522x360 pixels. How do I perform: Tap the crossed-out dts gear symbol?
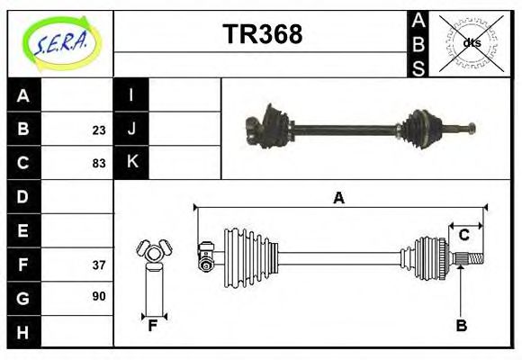click(x=471, y=42)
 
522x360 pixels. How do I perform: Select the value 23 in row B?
click(x=98, y=130)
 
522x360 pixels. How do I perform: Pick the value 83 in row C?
click(x=98, y=164)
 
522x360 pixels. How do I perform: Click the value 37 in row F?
click(x=98, y=265)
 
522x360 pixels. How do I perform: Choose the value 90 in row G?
click(x=98, y=296)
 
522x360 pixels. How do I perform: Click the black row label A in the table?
click(x=23, y=96)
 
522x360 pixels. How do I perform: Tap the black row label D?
click(x=23, y=197)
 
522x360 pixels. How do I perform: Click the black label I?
click(x=131, y=96)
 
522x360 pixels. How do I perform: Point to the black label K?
click(x=131, y=163)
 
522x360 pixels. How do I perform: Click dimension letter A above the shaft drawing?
click(x=338, y=198)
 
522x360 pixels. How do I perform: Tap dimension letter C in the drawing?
click(x=463, y=235)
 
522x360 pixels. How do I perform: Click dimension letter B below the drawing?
click(x=461, y=326)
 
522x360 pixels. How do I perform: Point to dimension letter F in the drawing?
click(x=153, y=326)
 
